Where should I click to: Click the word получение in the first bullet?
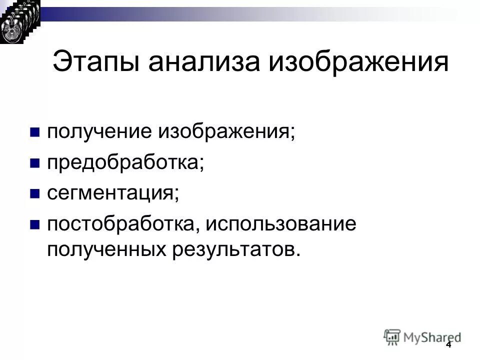click(99, 132)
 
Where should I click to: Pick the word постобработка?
click(121, 223)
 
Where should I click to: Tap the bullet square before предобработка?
click(34, 163)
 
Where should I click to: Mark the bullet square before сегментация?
click(34, 194)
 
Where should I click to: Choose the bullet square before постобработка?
click(34, 224)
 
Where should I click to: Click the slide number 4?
click(448, 345)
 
